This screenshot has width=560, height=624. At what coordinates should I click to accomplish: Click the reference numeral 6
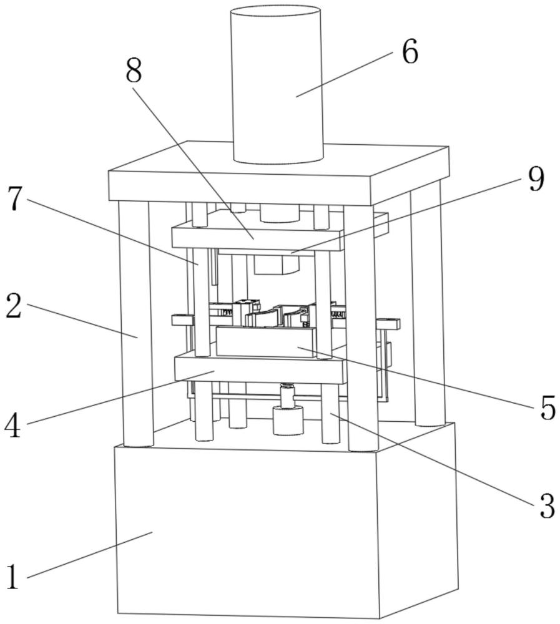click(410, 52)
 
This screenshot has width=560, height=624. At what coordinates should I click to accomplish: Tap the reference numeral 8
click(134, 72)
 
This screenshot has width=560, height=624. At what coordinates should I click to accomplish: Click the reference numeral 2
click(14, 307)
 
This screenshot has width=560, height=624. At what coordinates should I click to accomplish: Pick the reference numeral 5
click(548, 408)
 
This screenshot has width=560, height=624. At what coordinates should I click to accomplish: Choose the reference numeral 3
click(547, 506)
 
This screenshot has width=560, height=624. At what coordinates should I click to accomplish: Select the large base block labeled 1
click(250, 530)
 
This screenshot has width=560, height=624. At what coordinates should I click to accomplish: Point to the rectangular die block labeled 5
click(265, 343)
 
